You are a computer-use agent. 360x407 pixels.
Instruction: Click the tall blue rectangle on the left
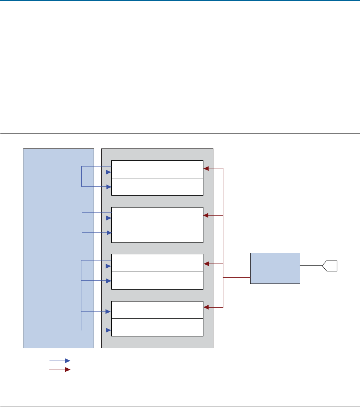pos(58,248)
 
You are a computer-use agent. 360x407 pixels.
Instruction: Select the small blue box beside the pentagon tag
pos(275,268)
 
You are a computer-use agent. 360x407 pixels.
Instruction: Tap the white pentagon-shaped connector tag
pos(330,265)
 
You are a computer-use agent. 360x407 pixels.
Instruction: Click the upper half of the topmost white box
pos(157,169)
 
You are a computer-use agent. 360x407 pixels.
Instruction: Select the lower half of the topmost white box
pos(157,187)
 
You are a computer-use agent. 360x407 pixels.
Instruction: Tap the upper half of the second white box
pos(157,216)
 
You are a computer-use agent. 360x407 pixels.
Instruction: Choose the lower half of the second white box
pos(157,234)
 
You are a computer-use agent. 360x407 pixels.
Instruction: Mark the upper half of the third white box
pos(157,263)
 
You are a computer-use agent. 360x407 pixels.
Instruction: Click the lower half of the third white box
pos(157,280)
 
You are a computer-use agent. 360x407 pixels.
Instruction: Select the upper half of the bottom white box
pos(157,310)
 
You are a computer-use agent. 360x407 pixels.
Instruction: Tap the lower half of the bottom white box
pos(157,327)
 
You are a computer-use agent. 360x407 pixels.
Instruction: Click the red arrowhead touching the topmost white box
pos(206,168)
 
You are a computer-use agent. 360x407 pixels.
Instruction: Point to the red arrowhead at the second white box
pos(206,216)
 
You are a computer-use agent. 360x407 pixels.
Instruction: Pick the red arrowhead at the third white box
pos(206,264)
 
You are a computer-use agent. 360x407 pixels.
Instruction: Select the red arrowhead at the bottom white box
pos(206,307)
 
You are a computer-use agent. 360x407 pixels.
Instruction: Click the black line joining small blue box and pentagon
pos(311,265)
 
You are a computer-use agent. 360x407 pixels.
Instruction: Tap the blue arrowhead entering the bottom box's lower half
pos(109,330)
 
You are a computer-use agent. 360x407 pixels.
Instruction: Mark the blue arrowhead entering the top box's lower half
pos(109,186)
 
